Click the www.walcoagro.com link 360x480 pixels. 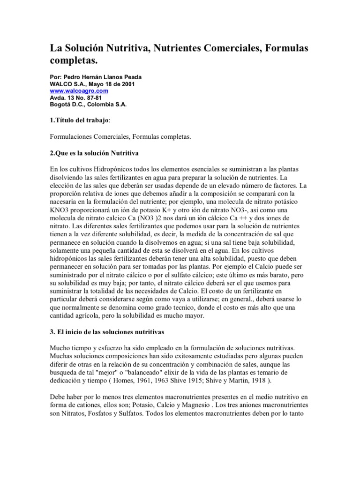[79, 90]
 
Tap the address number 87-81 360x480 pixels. [92, 97]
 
